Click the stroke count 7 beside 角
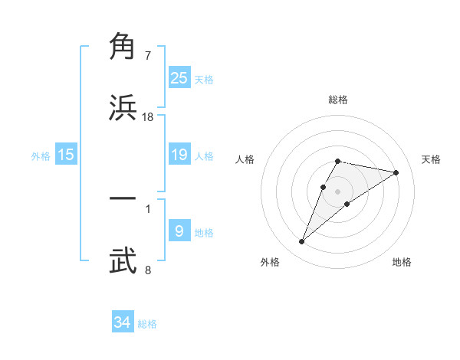coord(148,56)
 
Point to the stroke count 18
coord(148,117)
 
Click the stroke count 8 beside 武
coord(148,270)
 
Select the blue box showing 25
coord(179,78)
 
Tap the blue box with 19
coord(179,155)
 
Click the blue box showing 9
coord(179,231)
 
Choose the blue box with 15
coord(66,155)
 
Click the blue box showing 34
coord(123,322)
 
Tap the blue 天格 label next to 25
coord(204,80)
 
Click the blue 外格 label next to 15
coord(41,156)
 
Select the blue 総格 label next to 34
coord(147,324)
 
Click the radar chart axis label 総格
coord(338,100)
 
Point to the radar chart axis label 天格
coord(432,159)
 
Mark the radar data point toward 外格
coord(301,242)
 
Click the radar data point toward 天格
coord(396,172)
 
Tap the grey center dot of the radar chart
coord(338,191)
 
